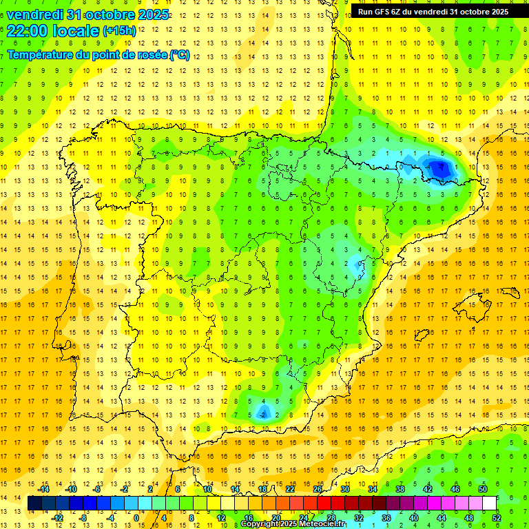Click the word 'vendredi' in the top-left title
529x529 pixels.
pos(34,14)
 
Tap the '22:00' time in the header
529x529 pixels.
pos(25,31)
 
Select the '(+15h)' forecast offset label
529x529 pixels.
pos(119,31)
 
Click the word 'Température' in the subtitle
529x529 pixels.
pos(41,55)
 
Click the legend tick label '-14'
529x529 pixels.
pos(44,489)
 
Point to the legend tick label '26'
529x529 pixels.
pos(318,489)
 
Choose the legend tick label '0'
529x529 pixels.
pos(136,518)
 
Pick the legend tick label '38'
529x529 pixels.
pos(400,489)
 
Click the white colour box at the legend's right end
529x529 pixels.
pos(489,504)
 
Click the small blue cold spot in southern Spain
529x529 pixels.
pos(262,412)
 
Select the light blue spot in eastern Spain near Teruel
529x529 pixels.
pos(357,262)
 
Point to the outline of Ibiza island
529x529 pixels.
pos(422,335)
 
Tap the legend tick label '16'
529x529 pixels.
pos(249,518)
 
